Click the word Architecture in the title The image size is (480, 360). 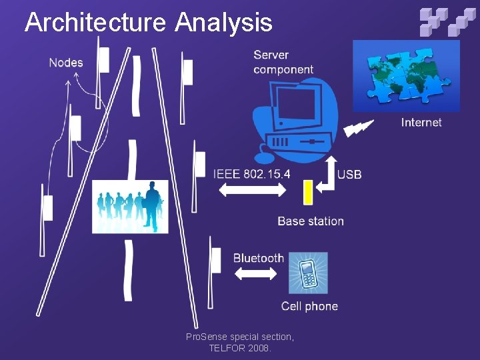[95, 23]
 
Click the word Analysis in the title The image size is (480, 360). [224, 23]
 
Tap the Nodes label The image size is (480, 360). [66, 63]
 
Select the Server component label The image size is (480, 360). [283, 62]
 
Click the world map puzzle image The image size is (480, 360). [405, 75]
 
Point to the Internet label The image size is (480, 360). [421, 122]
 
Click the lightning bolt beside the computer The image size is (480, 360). [359, 127]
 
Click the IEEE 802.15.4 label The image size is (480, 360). [251, 174]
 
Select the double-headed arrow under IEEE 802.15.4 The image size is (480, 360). [252, 190]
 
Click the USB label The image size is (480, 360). [349, 175]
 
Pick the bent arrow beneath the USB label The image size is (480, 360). [327, 176]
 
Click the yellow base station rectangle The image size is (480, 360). [308, 192]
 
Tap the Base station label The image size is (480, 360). [311, 221]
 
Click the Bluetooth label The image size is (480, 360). [258, 258]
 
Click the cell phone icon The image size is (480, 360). [308, 273]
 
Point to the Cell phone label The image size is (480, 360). [309, 306]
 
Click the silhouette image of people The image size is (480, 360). [130, 207]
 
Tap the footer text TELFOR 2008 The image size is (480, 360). [240, 348]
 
